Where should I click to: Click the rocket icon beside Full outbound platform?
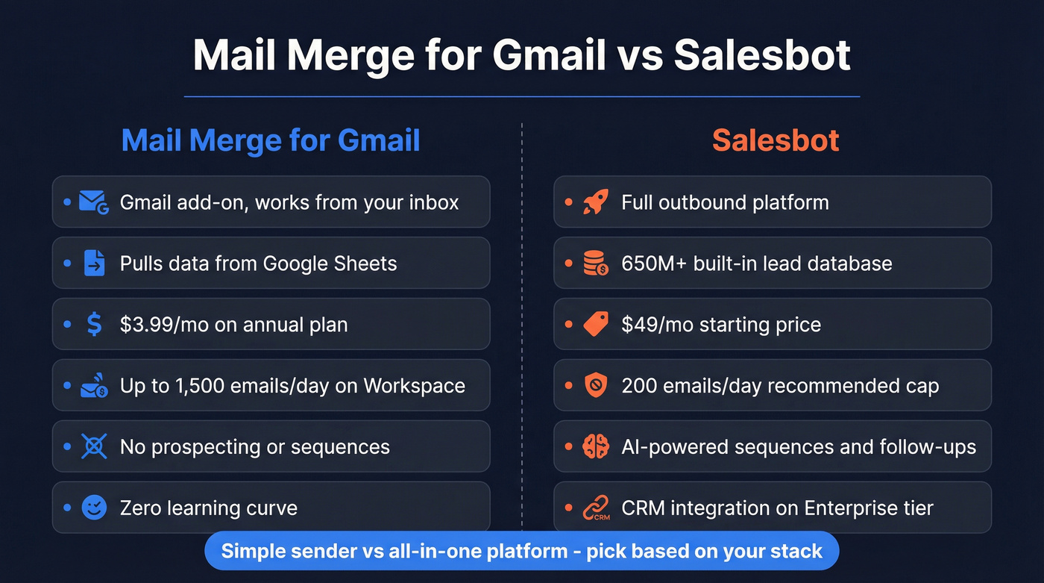point(596,202)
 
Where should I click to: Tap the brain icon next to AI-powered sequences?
point(596,447)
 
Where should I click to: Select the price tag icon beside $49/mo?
point(596,325)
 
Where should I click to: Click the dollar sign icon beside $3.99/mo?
point(94,325)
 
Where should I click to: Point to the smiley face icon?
point(94,508)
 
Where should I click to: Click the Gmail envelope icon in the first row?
point(94,202)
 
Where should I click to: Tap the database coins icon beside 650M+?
point(596,264)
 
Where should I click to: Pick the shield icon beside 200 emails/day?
point(596,386)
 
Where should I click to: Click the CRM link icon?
point(596,508)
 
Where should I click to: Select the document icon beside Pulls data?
point(94,264)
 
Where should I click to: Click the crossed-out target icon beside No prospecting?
point(94,447)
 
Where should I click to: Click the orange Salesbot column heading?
point(776,140)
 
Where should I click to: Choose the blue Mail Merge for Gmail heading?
point(271,140)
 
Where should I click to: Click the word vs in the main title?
point(641,56)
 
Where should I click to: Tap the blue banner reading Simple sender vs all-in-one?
point(522,552)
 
